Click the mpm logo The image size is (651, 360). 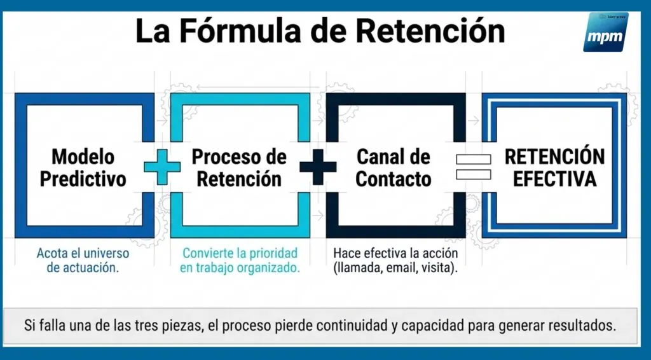point(605,32)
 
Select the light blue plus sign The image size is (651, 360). point(162,167)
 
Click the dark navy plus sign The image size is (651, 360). point(318,167)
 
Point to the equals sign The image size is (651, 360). point(473,167)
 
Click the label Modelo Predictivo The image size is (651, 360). point(83,168)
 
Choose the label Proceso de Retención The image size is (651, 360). point(239,168)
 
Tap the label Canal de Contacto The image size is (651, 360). point(394,168)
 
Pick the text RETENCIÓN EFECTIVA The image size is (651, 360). point(554,168)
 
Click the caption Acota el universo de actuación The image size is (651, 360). point(83,260)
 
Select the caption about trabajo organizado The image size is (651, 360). point(240,260)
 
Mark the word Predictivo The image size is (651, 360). point(83,179)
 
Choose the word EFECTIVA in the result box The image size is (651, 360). point(554,179)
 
